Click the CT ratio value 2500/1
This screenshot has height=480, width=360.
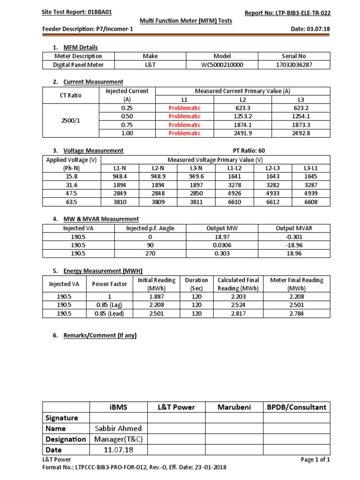click(x=70, y=120)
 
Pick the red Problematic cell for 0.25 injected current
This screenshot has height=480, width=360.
click(x=184, y=108)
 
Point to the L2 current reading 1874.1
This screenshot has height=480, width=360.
click(x=243, y=125)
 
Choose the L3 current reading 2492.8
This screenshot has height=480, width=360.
click(x=301, y=133)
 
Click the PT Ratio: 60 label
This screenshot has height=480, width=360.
click(x=252, y=150)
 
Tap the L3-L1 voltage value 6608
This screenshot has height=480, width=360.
click(x=310, y=202)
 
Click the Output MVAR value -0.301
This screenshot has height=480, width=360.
click(x=293, y=237)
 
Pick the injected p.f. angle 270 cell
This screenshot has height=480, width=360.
click(x=150, y=254)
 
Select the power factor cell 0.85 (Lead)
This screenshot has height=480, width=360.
click(x=108, y=314)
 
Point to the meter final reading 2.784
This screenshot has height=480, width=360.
click(x=297, y=314)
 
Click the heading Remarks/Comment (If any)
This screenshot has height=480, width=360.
click(x=100, y=335)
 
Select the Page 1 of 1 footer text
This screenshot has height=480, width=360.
click(x=315, y=460)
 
